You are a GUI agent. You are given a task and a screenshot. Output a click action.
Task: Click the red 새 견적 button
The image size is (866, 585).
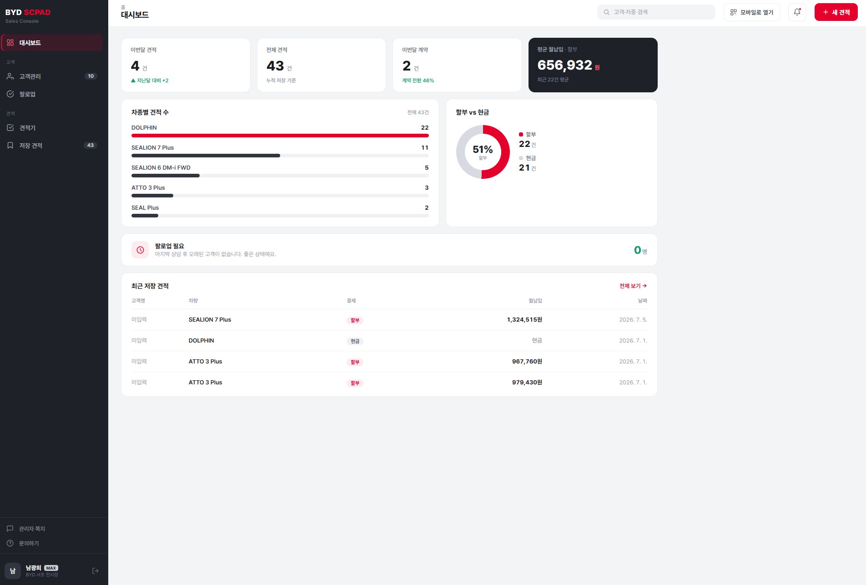[836, 12]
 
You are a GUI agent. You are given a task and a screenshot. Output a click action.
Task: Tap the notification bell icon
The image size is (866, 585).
[797, 12]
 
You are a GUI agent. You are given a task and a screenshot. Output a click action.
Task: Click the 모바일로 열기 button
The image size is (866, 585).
[751, 12]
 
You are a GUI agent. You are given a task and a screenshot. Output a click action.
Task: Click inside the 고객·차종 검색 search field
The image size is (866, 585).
[656, 12]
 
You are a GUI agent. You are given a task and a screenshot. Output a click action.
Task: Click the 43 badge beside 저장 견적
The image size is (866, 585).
[91, 146]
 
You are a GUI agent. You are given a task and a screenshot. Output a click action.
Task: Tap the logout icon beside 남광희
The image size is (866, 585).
[96, 571]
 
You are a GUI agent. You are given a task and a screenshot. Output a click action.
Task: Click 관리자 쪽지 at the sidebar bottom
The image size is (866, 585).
[32, 529]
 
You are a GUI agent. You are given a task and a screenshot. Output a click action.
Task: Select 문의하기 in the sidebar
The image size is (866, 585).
[29, 543]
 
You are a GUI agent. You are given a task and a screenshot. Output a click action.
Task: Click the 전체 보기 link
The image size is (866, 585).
[633, 286]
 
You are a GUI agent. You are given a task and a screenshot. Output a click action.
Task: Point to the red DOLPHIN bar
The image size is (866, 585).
[280, 136]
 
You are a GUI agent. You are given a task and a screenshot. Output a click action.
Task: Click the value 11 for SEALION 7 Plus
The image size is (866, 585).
[425, 147]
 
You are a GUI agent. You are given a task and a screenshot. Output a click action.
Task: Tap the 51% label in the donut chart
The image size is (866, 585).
[483, 149]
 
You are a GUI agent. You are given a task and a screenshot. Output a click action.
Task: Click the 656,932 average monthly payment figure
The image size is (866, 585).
[564, 65]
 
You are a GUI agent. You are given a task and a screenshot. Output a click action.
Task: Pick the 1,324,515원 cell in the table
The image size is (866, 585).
[524, 320]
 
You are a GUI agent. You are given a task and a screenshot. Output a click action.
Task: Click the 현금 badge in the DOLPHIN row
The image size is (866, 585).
[355, 341]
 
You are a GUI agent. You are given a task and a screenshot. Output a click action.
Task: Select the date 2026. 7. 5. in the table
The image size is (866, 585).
[633, 320]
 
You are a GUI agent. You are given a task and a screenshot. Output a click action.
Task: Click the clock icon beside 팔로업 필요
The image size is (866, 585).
[140, 250]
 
